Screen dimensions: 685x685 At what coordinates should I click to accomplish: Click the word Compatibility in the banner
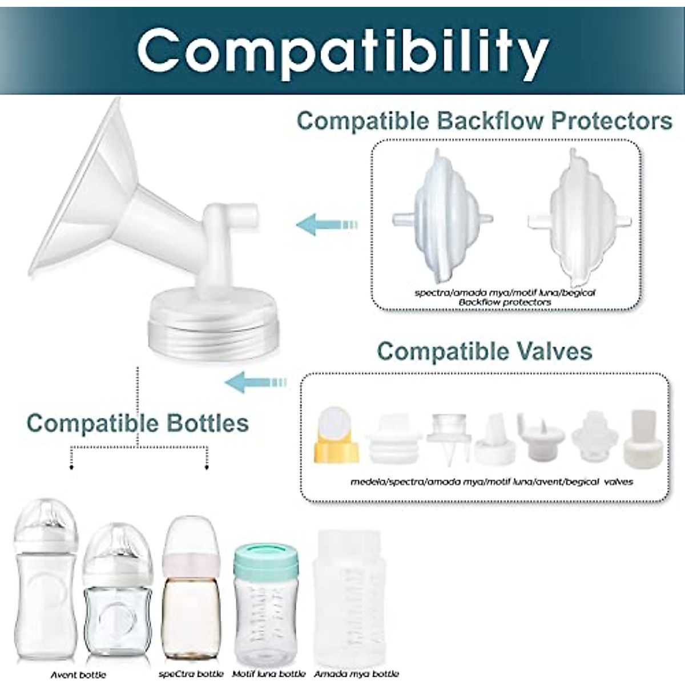click(343, 53)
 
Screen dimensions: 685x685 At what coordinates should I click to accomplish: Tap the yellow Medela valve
click(336, 434)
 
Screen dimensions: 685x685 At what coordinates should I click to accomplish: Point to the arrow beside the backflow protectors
click(327, 224)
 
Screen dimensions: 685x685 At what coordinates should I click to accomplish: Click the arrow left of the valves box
click(256, 382)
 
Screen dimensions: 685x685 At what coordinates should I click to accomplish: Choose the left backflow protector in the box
click(442, 216)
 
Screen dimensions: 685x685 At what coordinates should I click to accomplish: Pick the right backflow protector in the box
click(579, 217)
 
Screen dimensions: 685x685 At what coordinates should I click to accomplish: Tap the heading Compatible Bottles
click(138, 423)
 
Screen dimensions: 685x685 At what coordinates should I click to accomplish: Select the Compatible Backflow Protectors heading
click(485, 121)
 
